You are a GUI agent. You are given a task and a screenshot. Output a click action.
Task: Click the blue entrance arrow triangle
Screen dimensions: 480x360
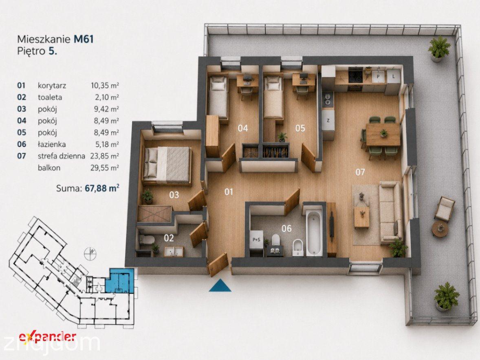pos(220,285)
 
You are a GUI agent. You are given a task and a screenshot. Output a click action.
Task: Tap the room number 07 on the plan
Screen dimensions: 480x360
pos(360,172)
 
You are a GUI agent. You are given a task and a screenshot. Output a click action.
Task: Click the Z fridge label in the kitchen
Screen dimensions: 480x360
pos(328,120)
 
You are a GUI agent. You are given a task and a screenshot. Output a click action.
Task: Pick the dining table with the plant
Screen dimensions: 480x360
pos(383,135)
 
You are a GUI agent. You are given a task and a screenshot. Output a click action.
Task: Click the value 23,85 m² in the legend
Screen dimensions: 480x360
pos(104,156)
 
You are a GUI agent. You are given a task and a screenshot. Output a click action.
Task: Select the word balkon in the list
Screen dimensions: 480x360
pos(49,168)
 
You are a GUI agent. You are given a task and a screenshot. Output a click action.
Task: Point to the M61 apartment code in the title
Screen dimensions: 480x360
pos(84,39)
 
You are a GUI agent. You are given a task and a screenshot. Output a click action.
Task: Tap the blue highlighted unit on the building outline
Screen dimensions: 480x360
pos(121,280)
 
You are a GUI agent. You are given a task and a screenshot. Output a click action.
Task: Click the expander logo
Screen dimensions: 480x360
pos(47,336)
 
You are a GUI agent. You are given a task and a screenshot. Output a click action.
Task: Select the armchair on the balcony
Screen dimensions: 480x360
pos(444,208)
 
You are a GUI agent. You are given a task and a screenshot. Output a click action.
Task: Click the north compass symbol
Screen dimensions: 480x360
pos(92,252)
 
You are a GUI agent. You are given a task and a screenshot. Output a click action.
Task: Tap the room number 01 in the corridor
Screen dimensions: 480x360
pos(229,192)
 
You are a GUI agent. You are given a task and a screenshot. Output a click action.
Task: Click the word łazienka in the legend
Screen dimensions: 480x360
pos(51,144)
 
